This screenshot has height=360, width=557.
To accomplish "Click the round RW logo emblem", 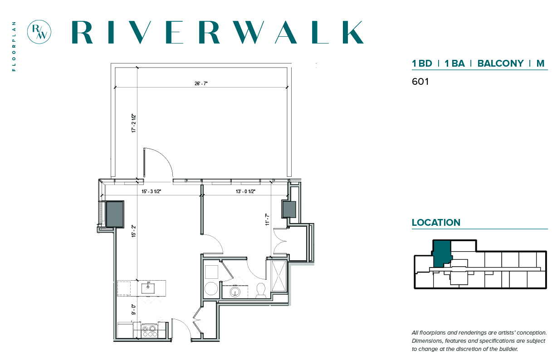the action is (39, 32).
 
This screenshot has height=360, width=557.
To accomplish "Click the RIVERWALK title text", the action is (218, 32).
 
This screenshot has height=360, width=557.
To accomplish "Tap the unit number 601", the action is (420, 82).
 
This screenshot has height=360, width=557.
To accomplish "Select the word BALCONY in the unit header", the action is (501, 63).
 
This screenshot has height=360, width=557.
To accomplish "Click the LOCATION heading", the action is (436, 223).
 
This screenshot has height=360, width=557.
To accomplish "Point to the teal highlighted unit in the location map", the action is (442, 253).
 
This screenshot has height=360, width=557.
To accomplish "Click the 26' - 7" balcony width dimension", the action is (201, 83).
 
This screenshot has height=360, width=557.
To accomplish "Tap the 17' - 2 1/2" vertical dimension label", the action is (134, 123).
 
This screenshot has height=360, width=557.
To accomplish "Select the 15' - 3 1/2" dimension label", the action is (151, 191).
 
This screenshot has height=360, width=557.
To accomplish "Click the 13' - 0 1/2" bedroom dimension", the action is (245, 191).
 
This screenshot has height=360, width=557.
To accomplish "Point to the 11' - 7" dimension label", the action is (267, 219).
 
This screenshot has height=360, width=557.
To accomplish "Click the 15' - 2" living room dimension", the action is (134, 231).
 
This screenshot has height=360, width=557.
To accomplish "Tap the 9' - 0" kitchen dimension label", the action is (134, 310).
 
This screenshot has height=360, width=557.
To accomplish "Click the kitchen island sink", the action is (148, 288).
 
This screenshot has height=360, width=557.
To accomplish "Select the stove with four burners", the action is (149, 331).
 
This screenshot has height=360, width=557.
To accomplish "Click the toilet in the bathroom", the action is (261, 290).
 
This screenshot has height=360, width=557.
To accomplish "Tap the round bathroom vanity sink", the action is (235, 292).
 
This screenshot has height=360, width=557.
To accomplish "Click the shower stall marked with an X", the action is (279, 276).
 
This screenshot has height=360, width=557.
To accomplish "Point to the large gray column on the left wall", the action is (115, 214).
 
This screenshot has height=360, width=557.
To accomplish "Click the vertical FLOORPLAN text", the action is (14, 46).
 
